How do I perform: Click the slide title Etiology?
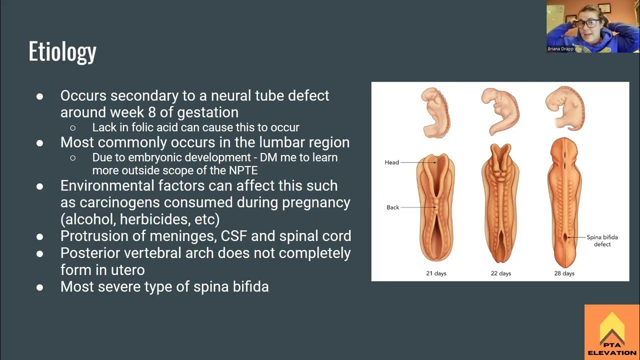pyautogui.click(x=62, y=52)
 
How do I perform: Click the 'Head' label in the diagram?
pyautogui.click(x=392, y=162)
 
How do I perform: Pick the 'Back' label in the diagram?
pyautogui.click(x=393, y=207)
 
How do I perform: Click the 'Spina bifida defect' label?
pyautogui.click(x=602, y=241)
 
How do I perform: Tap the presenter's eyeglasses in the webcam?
pyautogui.click(x=585, y=23)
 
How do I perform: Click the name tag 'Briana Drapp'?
pyautogui.click(x=560, y=49)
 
